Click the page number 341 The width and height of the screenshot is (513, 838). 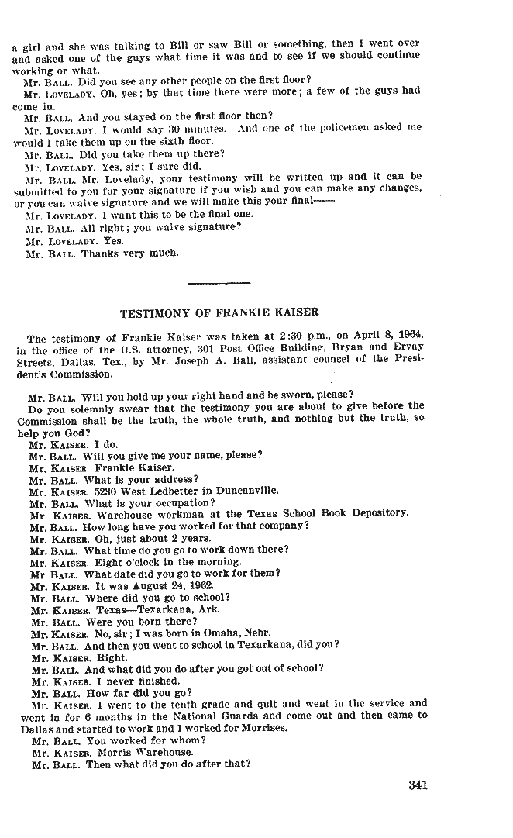point(418,785)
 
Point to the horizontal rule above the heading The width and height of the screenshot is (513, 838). point(219,282)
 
